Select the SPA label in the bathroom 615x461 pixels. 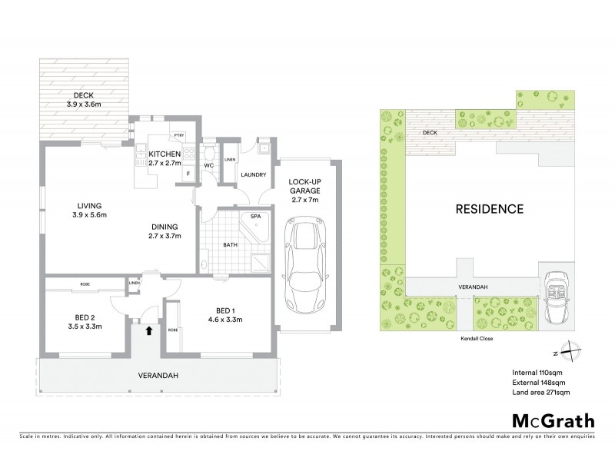[x=254, y=217]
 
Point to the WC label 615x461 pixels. [x=208, y=165]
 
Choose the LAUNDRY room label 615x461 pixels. [x=253, y=175]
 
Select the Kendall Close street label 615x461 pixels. [x=477, y=337]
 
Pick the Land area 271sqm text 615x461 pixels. [x=540, y=393]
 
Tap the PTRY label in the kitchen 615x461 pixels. [x=179, y=135]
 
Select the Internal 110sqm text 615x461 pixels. [x=538, y=372]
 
